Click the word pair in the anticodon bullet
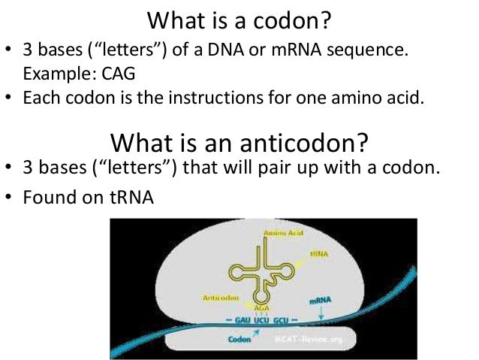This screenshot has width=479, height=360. (305, 167)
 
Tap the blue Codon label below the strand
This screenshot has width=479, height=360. (239, 340)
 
